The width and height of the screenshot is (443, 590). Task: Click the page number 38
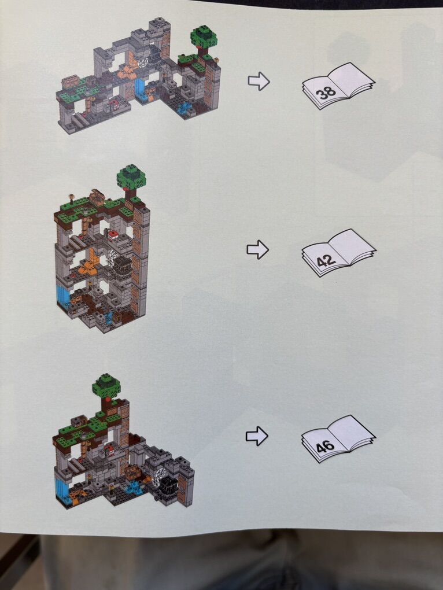326,92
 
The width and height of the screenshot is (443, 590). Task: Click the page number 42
326,260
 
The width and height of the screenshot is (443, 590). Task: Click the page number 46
325,447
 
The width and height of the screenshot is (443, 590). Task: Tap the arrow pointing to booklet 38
259,81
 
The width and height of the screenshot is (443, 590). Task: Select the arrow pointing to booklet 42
257,249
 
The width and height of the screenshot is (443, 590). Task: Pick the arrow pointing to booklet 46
257,436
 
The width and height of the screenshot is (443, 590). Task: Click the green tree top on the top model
204,36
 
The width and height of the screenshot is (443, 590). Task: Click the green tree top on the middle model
131,177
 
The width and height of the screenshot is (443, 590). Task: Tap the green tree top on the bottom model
107,385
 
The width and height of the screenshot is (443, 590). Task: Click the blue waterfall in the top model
139,88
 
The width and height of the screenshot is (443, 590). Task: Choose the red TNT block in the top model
114,105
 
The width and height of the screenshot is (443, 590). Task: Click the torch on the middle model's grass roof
71,198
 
